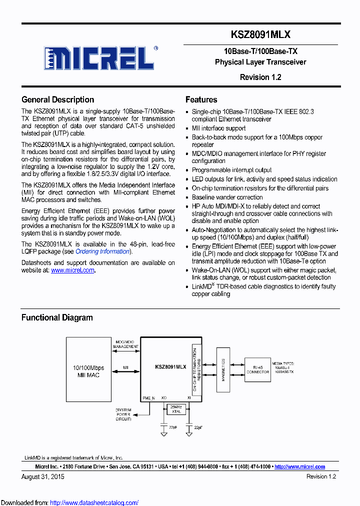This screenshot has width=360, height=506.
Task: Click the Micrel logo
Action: [x=99, y=58]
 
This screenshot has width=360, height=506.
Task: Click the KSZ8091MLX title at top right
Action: [x=260, y=34]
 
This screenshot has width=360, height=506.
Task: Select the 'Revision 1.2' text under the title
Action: [x=260, y=77]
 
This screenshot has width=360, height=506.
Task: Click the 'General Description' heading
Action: [x=57, y=99]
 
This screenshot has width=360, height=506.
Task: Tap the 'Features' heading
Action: [x=201, y=99]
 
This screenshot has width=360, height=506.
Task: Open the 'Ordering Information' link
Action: [x=102, y=251]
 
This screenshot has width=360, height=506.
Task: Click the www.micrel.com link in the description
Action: [x=72, y=270]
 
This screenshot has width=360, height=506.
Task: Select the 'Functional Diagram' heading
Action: [x=57, y=317]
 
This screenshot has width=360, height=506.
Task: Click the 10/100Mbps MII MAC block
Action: [x=88, y=371]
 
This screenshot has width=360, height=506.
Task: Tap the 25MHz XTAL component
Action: [x=175, y=409]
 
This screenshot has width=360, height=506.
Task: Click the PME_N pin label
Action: [x=149, y=397]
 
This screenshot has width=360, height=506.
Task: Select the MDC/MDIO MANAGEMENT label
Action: [x=125, y=343]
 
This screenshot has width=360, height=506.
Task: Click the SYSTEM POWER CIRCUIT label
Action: [x=123, y=414]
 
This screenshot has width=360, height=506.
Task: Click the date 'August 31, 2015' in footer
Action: [x=43, y=476]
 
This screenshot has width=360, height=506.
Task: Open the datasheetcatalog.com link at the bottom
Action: [x=94, y=503]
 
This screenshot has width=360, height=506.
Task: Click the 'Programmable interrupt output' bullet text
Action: [x=232, y=170]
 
